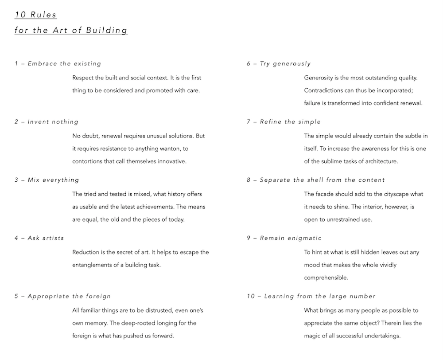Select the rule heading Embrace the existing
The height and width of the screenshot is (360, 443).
(x=64, y=64)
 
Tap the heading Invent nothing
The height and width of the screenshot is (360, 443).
(x=53, y=122)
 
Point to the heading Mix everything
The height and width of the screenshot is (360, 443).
(x=53, y=180)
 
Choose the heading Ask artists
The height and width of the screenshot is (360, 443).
(x=46, y=238)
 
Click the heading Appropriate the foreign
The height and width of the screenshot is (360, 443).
(x=69, y=296)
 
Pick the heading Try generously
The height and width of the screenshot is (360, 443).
(x=285, y=64)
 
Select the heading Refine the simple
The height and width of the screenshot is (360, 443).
(x=290, y=122)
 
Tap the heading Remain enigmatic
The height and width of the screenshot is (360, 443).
(x=291, y=238)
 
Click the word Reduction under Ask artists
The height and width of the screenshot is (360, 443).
(x=87, y=252)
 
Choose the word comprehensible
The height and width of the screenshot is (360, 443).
(x=326, y=278)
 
